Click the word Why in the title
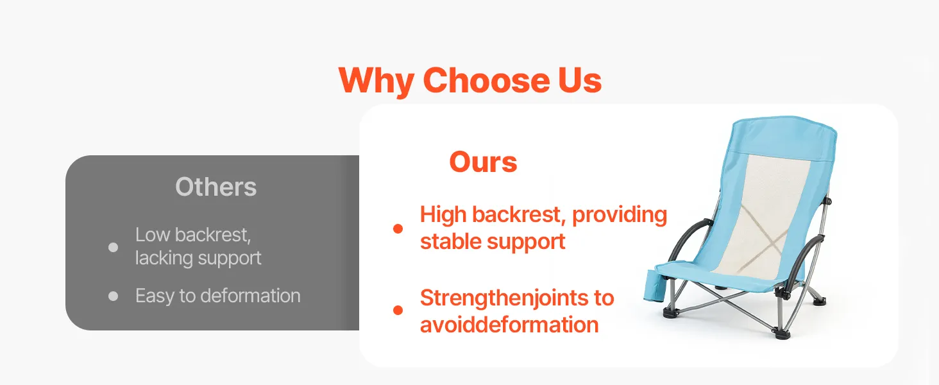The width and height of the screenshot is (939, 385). [x=376, y=81]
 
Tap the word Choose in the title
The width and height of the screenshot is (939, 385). [x=486, y=80]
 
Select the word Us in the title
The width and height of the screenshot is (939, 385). [x=580, y=80]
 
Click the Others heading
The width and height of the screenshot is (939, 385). [x=216, y=187]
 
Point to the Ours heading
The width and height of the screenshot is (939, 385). [x=483, y=162]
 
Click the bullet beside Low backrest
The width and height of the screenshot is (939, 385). [x=113, y=248]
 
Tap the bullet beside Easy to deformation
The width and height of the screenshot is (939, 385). [x=113, y=296]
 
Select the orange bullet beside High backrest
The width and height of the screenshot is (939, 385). [x=398, y=228]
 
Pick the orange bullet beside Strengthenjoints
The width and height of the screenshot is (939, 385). [x=398, y=311]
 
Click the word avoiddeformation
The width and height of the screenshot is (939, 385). [x=509, y=325]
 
